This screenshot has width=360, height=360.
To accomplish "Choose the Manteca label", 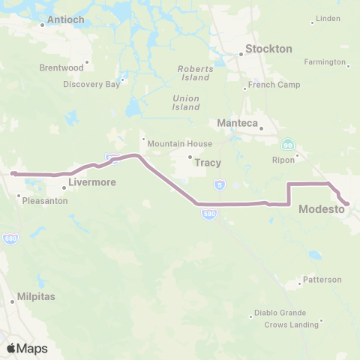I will [237, 122].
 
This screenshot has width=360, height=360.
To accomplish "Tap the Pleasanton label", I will [45, 201].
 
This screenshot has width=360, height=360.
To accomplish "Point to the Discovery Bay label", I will [91, 84].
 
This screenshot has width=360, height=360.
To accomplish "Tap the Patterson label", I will [322, 280].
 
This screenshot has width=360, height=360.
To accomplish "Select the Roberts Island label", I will [195, 73].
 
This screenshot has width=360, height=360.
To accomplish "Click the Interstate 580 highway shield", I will [210, 214].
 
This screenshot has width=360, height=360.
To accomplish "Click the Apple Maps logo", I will [26, 349].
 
